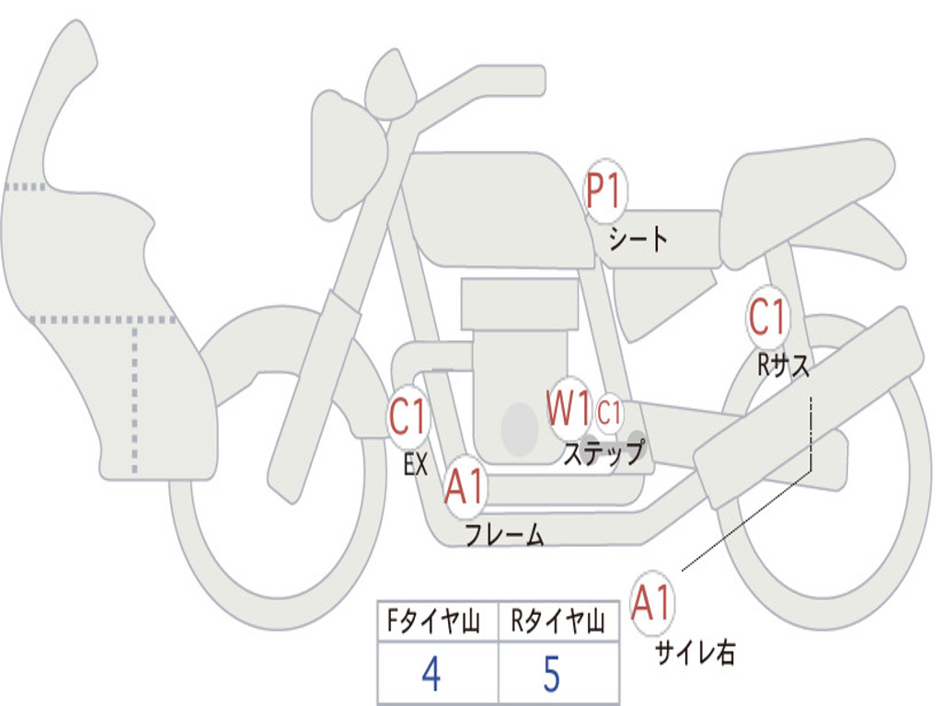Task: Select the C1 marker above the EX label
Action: click(408, 417)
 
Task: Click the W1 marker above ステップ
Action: click(568, 409)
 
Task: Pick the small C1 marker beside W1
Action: click(610, 413)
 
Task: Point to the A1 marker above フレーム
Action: click(465, 487)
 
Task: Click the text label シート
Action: click(638, 240)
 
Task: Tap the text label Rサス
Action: click(784, 366)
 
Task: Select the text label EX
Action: click(416, 464)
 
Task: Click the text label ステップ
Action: click(603, 453)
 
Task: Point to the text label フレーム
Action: click(504, 536)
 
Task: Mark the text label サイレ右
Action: click(695, 653)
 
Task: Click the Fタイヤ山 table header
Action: click(432, 623)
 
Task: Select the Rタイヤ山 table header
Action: click(557, 623)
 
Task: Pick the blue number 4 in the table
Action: click(431, 675)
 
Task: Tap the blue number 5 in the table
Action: click(551, 675)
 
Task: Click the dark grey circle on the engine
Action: click(519, 429)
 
